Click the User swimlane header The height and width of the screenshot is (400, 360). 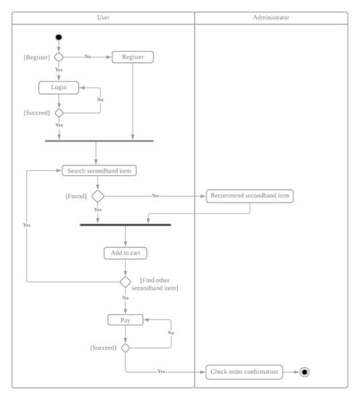pyautogui.click(x=103, y=18)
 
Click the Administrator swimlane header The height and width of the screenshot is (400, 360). pyautogui.click(x=271, y=18)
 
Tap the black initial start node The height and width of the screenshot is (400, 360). pyautogui.click(x=59, y=37)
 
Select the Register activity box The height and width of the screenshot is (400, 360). pyautogui.click(x=133, y=57)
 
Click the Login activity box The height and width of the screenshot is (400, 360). pyautogui.click(x=59, y=87)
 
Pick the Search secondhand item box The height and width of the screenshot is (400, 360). pyautogui.click(x=99, y=171)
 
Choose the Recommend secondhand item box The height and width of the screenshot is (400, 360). pyautogui.click(x=250, y=196)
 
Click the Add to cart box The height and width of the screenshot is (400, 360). pyautogui.click(x=125, y=253)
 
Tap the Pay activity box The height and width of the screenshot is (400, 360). pyautogui.click(x=125, y=320)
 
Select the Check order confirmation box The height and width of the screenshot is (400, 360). pyautogui.click(x=244, y=372)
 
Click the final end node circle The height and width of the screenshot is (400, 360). pyautogui.click(x=305, y=372)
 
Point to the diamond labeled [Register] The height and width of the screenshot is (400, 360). pyautogui.click(x=59, y=57)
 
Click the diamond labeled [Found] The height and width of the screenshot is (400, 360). pyautogui.click(x=98, y=196)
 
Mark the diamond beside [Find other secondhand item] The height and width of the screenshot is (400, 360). pyautogui.click(x=125, y=282)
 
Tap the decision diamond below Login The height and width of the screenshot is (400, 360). pyautogui.click(x=59, y=113)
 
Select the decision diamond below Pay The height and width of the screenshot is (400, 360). pyautogui.click(x=125, y=347)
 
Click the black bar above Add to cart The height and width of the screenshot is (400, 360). pyautogui.click(x=125, y=225)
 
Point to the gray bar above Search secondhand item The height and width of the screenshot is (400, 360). pyautogui.click(x=99, y=141)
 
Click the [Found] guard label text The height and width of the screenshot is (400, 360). pyautogui.click(x=76, y=197)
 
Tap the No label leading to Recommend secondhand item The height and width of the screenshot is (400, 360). pyautogui.click(x=155, y=196)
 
